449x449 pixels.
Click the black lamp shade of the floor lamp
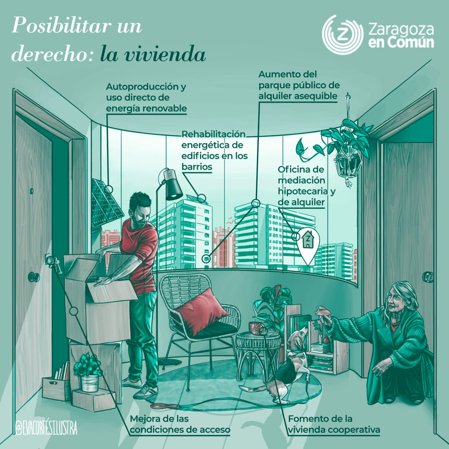[173, 184]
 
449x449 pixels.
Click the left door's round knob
[34, 277]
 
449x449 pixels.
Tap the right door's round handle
[428, 277]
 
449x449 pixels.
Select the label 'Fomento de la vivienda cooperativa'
[333, 424]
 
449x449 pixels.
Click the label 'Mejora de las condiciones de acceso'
[180, 424]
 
